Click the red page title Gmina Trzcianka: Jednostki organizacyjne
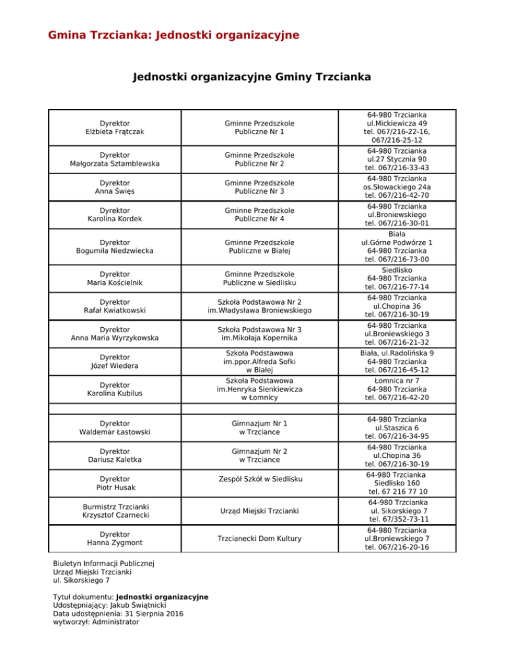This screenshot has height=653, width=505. coord(174,34)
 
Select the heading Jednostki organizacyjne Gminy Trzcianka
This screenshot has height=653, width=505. coord(252,78)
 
